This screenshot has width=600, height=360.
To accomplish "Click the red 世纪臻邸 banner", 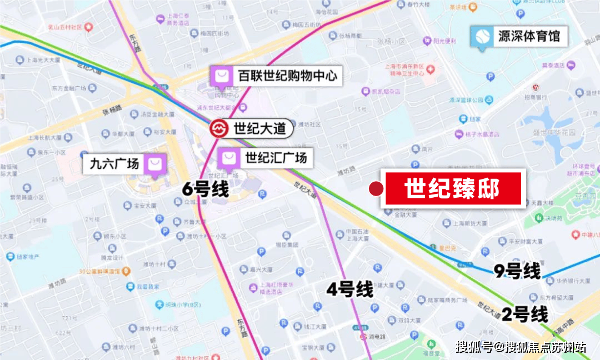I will click(x=452, y=188).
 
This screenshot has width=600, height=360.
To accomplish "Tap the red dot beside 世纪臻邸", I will click(x=377, y=189).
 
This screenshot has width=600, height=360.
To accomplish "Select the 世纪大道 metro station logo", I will click(x=219, y=128).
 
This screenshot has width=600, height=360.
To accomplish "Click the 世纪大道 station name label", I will click(x=259, y=128).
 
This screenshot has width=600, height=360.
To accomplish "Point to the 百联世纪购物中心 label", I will click(x=287, y=76).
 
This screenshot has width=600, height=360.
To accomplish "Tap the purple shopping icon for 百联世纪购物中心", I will click(x=221, y=76).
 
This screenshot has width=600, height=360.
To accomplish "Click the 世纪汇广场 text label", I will click(x=276, y=158).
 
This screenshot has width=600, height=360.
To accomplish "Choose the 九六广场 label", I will click(x=114, y=164).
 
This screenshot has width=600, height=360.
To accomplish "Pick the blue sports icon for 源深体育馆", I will click(x=480, y=37).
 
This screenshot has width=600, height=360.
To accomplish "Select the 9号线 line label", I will click(x=517, y=272).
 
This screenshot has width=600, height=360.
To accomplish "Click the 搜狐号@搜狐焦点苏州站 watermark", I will click(x=521, y=347).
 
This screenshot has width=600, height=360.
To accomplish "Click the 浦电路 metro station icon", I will click(x=363, y=336).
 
